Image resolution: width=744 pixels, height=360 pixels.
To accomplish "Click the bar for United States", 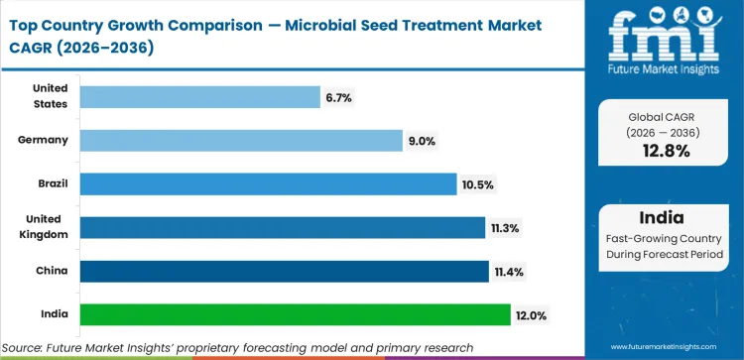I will point(198,96).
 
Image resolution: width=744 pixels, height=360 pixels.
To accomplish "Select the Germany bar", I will point(241,140).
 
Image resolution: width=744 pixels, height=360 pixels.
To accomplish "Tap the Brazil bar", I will point(262,183).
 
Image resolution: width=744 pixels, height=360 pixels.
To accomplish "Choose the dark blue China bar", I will point(284,271).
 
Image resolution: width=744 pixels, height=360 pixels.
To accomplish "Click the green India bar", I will point(295,314).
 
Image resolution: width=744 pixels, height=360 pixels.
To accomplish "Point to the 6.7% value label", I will point(338,97).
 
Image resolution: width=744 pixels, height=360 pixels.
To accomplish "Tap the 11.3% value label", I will point(504,228).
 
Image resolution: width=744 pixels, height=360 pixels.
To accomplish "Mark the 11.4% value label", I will point(508,272).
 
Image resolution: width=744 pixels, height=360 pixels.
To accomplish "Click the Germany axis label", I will point(43,140).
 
